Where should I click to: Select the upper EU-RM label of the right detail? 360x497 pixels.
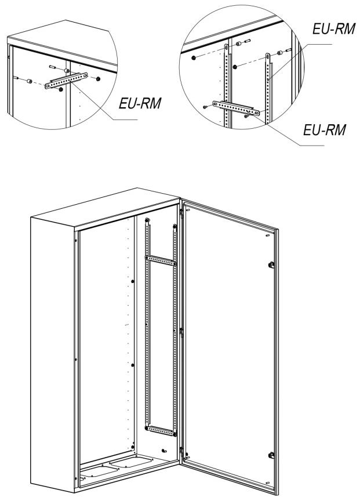click(x=334, y=28)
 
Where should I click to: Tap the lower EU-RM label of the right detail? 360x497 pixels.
click(x=325, y=130)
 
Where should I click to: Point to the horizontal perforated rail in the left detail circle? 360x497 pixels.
click(x=66, y=81)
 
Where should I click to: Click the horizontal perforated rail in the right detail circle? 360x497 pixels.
click(x=236, y=108)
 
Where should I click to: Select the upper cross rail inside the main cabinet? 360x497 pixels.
click(x=161, y=260)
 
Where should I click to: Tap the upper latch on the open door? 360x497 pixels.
click(x=271, y=264)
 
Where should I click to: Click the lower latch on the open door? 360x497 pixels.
click(x=271, y=456)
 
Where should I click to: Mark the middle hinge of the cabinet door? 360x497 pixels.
click(x=181, y=332)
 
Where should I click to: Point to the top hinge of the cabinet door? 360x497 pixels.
click(x=181, y=212)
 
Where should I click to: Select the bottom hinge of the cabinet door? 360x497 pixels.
click(x=181, y=450)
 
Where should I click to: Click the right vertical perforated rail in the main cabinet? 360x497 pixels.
click(x=174, y=329)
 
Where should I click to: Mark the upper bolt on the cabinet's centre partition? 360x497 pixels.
click(x=133, y=281)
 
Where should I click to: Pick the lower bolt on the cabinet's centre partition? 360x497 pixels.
click(x=133, y=365)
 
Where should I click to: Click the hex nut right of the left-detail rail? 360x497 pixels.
click(x=98, y=79)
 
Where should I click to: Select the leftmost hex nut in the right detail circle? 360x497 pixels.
click(x=193, y=58)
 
